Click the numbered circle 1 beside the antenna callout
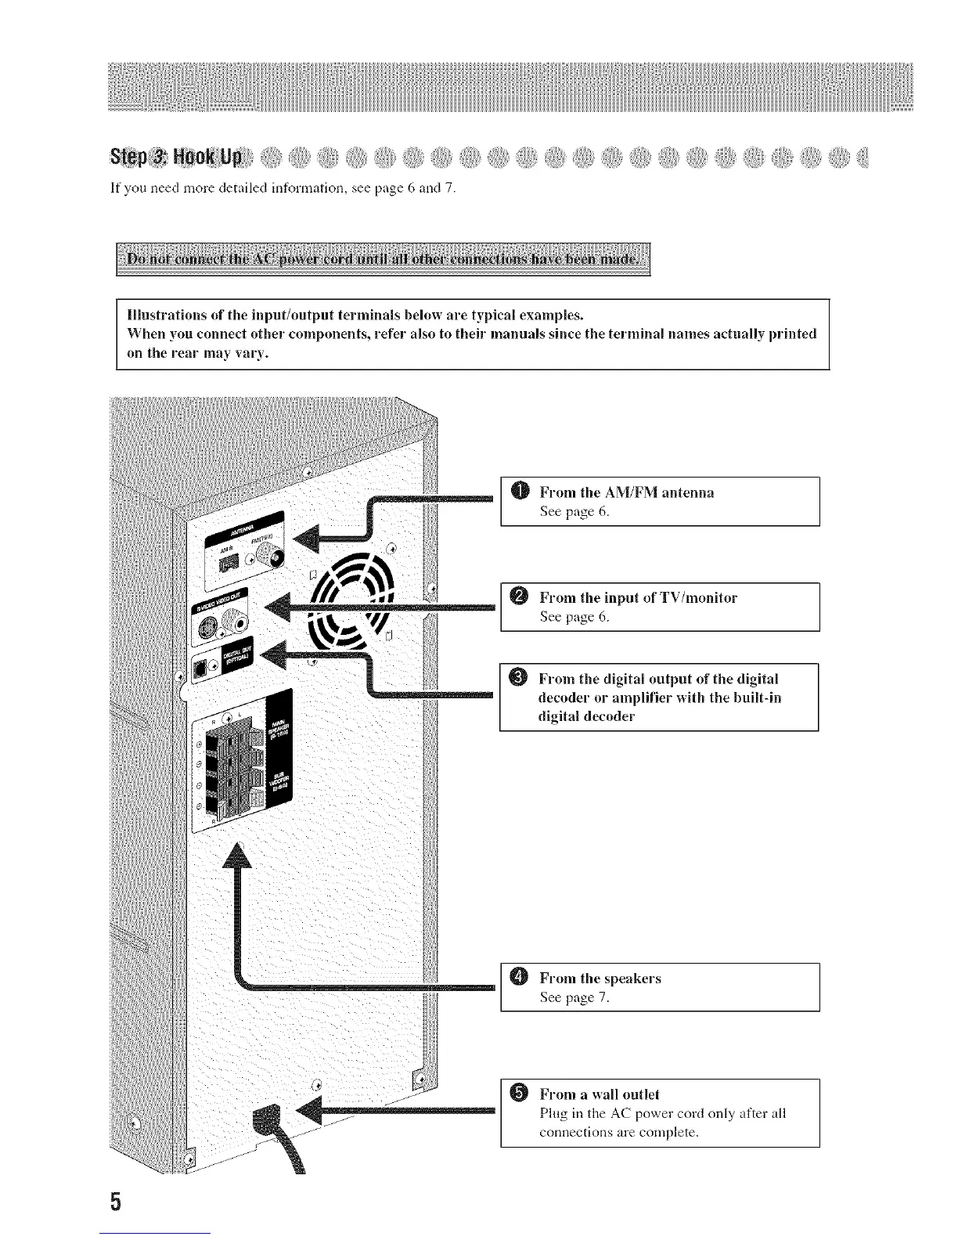coord(522,492)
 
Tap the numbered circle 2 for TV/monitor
coord(522,597)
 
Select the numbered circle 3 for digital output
coord(522,677)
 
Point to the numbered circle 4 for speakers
coord(522,978)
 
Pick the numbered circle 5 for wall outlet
coord(522,1094)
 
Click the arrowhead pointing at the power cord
coord(311,1110)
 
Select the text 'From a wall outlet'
coord(600,1094)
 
